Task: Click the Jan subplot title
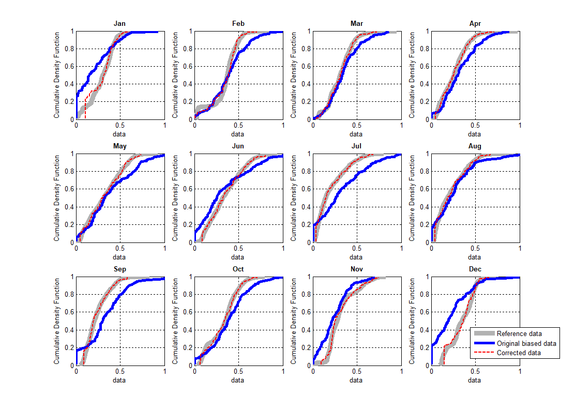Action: click(119, 24)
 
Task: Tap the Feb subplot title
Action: click(238, 24)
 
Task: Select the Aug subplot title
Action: click(475, 146)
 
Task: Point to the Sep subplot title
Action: click(119, 269)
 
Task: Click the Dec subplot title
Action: click(475, 269)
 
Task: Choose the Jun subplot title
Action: click(238, 146)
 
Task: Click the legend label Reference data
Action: click(519, 333)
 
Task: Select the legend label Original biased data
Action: click(526, 343)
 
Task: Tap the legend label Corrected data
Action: click(519, 353)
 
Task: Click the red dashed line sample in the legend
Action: click(484, 353)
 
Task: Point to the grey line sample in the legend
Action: click(484, 333)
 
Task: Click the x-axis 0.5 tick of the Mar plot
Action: click(357, 125)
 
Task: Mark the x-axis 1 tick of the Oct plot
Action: click(283, 371)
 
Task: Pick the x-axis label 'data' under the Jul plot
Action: click(356, 257)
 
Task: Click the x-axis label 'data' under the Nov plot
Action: click(356, 380)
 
